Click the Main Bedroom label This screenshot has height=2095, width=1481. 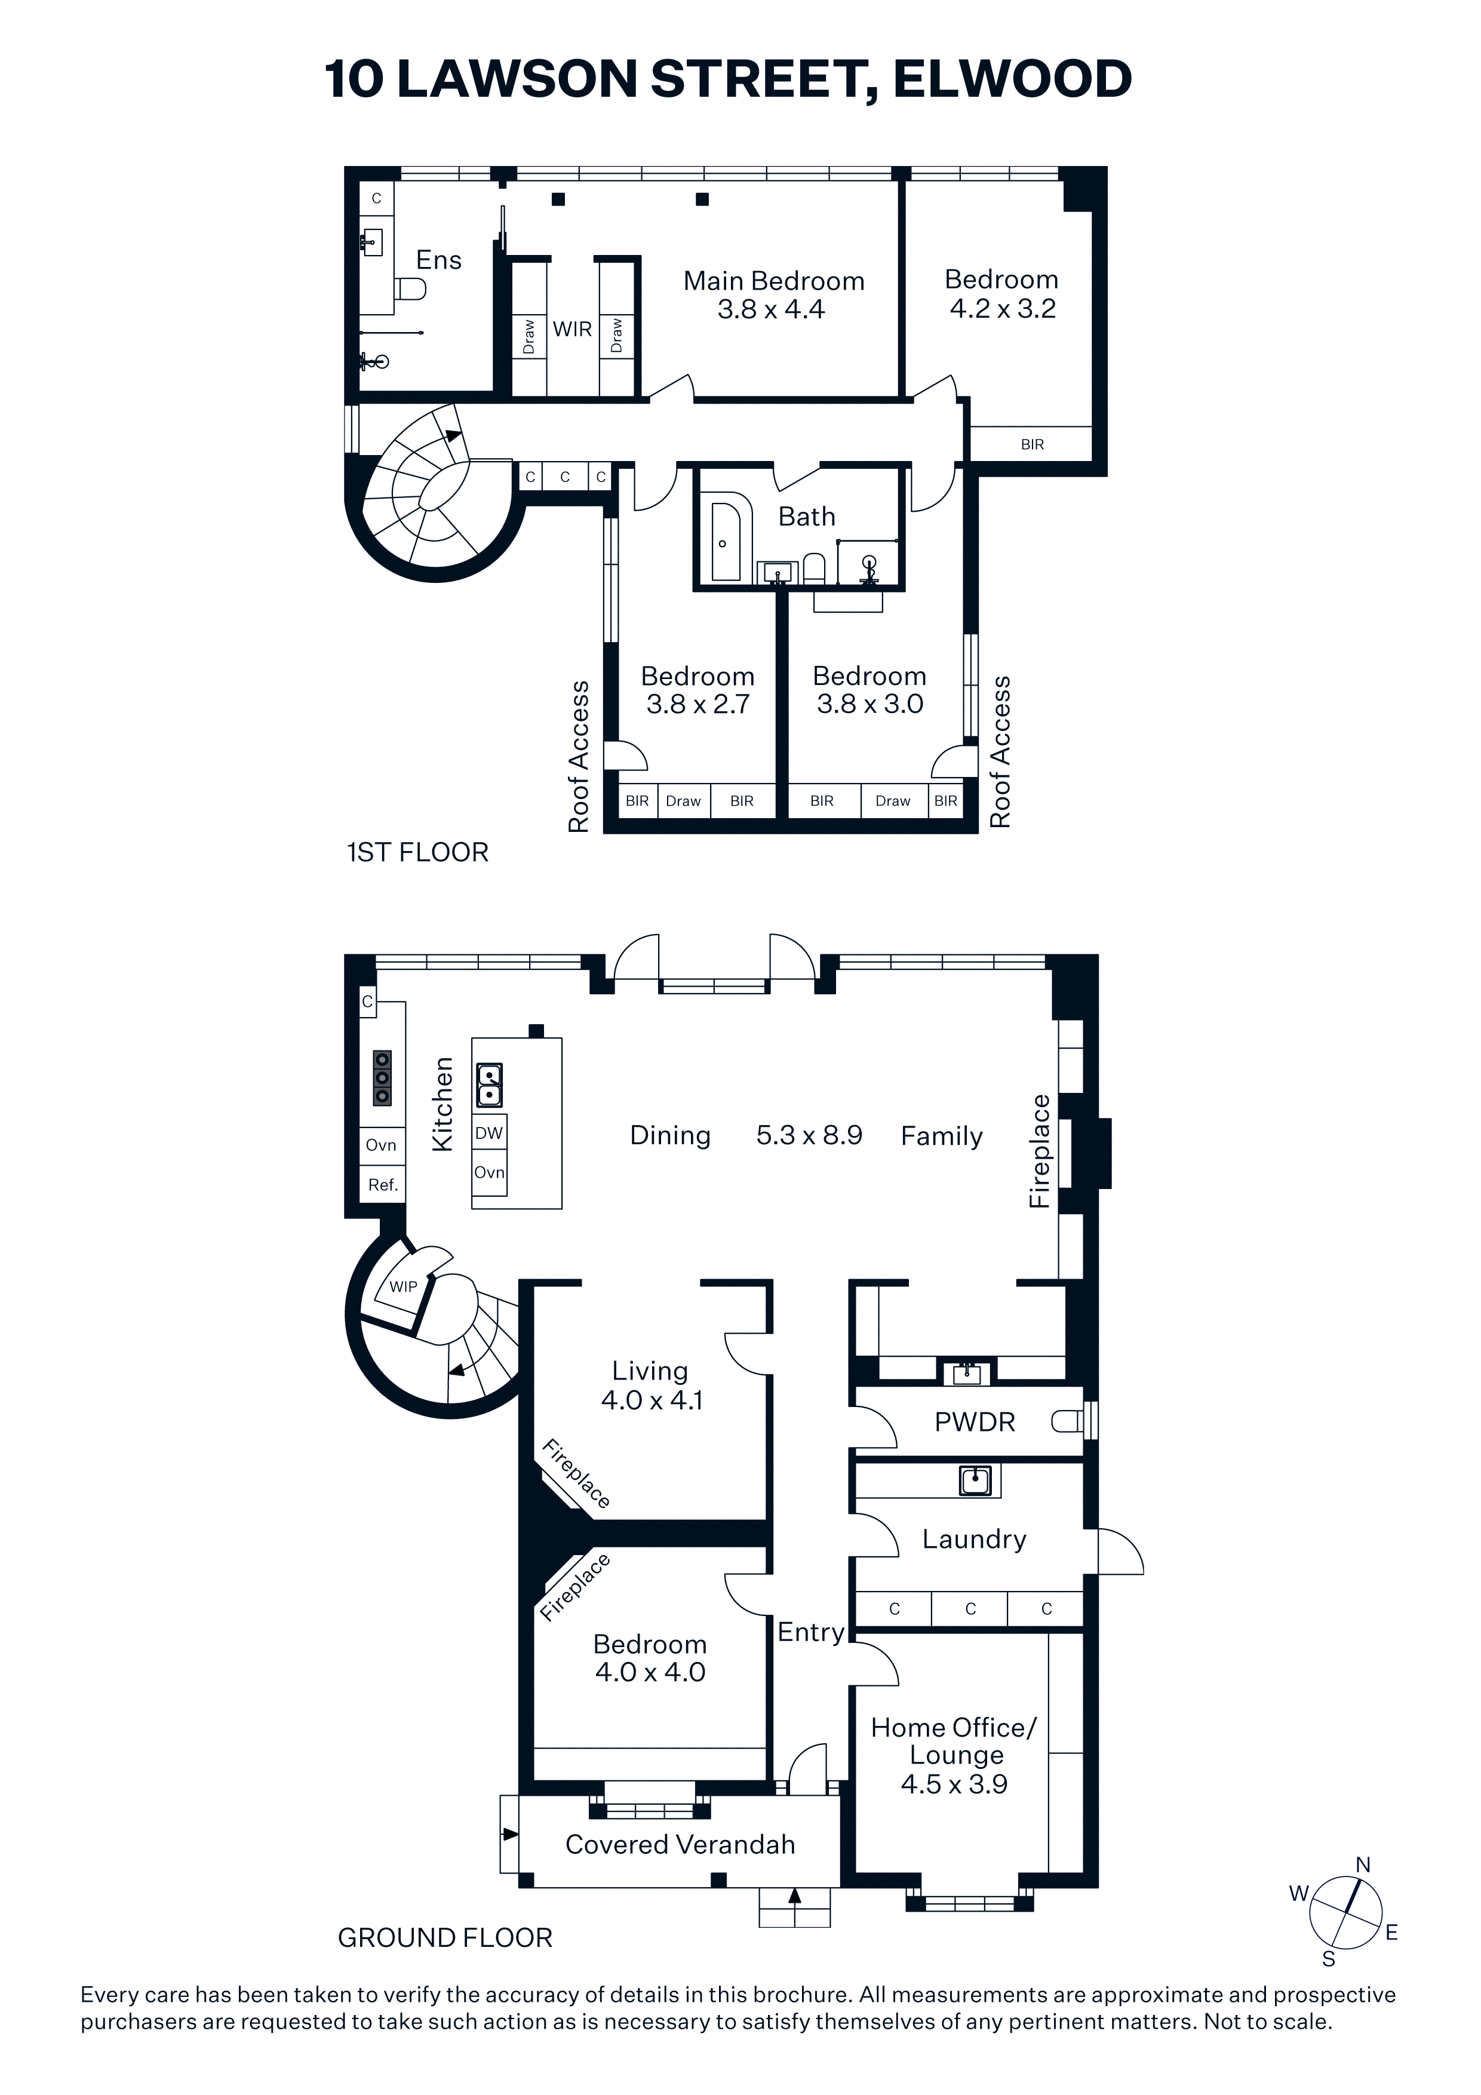tap(774, 281)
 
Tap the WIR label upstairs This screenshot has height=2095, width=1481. tap(572, 330)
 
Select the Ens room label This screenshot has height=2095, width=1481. tap(439, 260)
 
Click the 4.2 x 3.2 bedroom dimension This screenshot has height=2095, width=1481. tap(1003, 308)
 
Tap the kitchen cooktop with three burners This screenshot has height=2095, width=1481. tap(382, 1077)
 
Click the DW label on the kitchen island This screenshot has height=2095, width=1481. tap(489, 1133)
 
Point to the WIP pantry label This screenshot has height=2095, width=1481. tap(403, 1286)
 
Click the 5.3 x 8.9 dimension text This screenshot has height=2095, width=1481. tap(809, 1135)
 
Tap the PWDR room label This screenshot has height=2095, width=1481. tap(975, 1421)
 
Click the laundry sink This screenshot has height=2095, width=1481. tap(975, 1479)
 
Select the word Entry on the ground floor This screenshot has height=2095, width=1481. tap(811, 1632)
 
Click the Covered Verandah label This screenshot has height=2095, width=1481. tap(680, 1844)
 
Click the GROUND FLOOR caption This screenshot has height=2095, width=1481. tap(445, 1938)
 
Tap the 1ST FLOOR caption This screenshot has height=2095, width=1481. tap(418, 852)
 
